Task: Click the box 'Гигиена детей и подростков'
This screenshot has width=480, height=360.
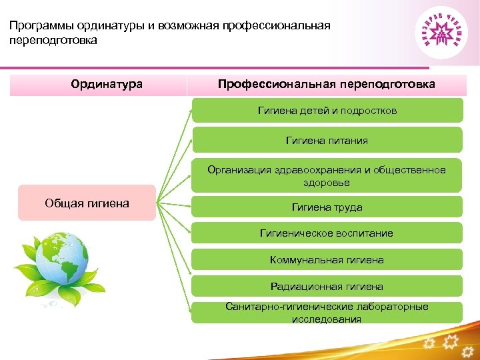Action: pos(327,111)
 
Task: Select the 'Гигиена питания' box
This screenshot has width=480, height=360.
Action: pos(327,141)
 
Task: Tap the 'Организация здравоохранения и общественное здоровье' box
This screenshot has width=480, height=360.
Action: pos(327,176)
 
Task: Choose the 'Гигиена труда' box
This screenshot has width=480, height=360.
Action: pos(327,207)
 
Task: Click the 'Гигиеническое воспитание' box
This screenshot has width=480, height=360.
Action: pos(327,233)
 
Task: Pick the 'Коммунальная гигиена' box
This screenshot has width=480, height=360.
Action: pos(327,260)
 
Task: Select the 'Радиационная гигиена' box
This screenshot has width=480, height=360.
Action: pos(327,287)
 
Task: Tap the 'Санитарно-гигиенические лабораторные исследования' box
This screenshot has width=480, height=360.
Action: pos(327,313)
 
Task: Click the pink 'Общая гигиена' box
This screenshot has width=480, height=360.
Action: pos(87,203)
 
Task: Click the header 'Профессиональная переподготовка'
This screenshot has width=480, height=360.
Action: pos(327,85)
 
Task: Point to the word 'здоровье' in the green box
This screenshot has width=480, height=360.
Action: pos(327,183)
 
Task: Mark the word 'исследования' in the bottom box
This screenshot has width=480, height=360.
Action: pos(327,319)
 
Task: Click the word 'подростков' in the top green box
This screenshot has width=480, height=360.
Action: pos(369,111)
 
